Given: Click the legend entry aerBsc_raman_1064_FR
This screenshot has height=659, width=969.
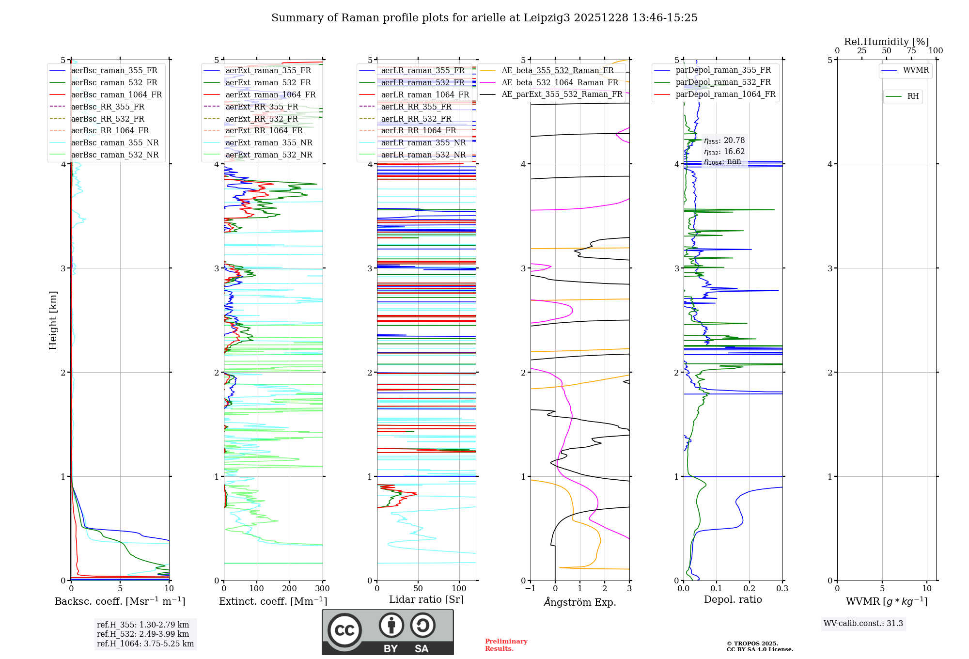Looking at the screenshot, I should point(116,95).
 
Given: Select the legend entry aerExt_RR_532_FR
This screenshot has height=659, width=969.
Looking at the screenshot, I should point(262,119).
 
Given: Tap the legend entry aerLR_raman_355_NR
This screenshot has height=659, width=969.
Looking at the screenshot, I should point(423,143).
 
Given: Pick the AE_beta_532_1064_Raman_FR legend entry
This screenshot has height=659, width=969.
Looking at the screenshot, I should point(560,83).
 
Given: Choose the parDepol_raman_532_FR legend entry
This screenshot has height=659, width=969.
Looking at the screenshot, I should point(723,82).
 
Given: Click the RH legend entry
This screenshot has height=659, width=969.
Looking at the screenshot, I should point(913,96).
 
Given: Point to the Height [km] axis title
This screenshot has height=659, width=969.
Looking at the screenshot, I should point(53,320).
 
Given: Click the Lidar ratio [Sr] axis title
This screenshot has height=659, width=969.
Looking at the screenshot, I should point(426,600).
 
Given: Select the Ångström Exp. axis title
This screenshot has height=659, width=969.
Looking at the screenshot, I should point(580,602).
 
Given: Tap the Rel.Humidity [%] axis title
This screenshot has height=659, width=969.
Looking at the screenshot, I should point(886,42).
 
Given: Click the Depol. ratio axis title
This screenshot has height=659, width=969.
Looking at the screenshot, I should point(733,600).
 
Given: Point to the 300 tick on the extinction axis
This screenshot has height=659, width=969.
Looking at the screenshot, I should point(323,589).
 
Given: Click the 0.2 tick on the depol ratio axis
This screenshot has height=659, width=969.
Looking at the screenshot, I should point(750,589).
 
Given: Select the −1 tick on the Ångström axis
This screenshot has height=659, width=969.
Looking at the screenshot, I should point(530,589).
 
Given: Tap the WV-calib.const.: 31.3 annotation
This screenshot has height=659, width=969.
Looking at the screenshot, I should point(863,624).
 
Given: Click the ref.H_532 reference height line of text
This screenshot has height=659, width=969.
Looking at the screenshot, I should point(142,634).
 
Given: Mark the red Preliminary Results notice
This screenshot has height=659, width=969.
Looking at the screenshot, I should point(506,645).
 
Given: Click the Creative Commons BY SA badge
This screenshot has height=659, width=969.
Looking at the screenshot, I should point(388,632).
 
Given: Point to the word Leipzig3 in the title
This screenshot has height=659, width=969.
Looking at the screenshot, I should point(546,18).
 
